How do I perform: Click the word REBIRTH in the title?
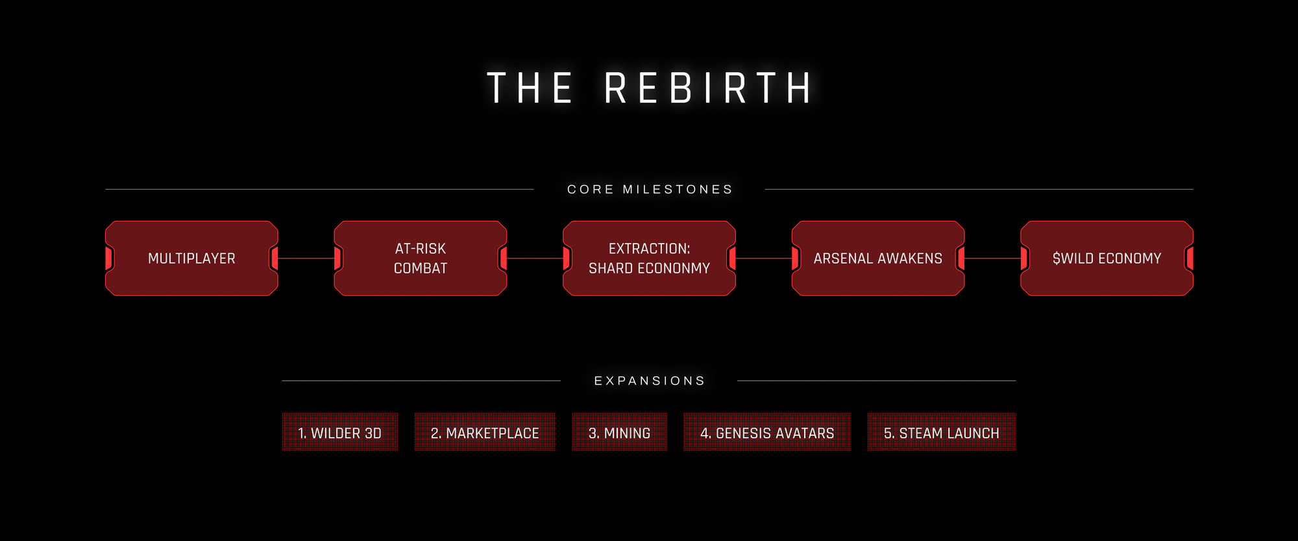709,88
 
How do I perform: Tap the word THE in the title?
530,88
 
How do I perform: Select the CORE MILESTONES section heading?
650,190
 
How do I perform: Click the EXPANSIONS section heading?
650,381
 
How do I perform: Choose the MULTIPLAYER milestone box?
191,258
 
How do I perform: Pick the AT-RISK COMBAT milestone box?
421,258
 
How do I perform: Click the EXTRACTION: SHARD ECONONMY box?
649,258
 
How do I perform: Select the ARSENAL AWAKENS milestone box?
878,258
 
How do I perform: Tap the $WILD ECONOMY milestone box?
1107,258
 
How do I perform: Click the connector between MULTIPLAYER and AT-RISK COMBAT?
306,258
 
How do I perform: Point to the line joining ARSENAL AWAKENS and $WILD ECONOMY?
992,258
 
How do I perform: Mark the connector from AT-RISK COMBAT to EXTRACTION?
535,258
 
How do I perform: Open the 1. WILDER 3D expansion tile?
340,433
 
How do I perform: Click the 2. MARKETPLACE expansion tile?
485,433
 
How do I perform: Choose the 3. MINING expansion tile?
619,433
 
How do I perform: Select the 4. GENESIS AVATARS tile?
767,433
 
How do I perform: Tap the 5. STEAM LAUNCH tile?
942,433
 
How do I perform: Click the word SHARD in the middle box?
610,269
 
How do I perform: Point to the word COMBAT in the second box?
421,269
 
